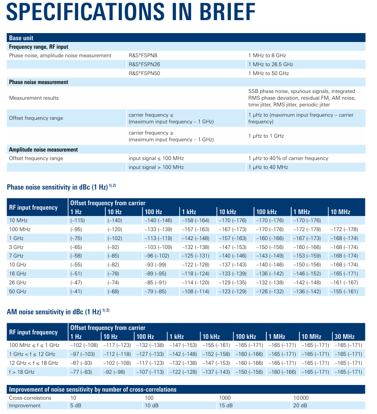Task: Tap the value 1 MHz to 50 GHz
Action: [268, 73]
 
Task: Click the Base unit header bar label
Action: [21, 38]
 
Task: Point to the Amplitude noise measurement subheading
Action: [43, 150]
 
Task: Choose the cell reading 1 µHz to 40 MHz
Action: [268, 167]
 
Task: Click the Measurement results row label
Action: [34, 98]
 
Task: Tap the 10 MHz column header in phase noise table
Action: [340, 212]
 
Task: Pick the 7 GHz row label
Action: [16, 256]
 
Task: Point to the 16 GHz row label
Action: [17, 274]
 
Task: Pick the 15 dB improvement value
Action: [226, 406]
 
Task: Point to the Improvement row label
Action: [25, 406]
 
